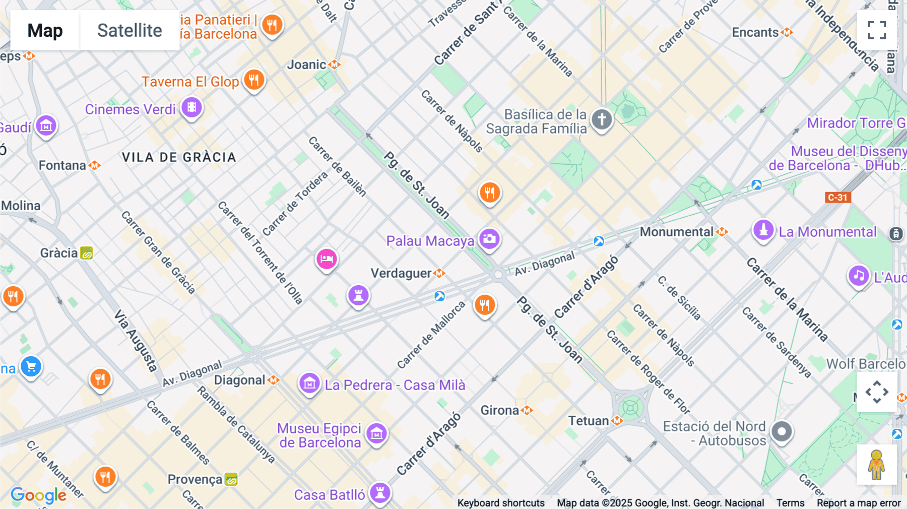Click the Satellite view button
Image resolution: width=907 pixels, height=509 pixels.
(x=129, y=31)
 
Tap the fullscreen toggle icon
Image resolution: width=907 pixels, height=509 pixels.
(x=877, y=30)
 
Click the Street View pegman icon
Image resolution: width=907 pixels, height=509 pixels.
(x=877, y=465)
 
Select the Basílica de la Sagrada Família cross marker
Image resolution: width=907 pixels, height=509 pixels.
(x=602, y=120)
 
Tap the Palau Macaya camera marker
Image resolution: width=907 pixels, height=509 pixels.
(x=489, y=239)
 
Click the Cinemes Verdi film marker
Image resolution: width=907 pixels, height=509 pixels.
(x=191, y=107)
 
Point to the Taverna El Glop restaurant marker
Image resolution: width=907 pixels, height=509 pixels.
(x=254, y=80)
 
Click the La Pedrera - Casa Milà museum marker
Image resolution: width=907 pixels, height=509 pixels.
(x=309, y=384)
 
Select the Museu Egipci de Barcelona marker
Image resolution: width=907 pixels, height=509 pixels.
(x=376, y=433)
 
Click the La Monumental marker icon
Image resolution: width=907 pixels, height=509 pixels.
(x=763, y=230)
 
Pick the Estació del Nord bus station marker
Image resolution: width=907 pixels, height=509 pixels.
(x=782, y=432)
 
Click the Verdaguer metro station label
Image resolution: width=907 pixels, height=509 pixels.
(x=402, y=273)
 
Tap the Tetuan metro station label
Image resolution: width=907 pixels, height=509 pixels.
(x=589, y=421)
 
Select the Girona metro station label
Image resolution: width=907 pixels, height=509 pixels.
(x=500, y=410)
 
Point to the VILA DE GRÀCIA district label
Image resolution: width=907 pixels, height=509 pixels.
(x=179, y=157)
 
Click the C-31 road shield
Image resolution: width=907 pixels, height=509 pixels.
(x=837, y=198)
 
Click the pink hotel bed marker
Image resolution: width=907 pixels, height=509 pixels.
(x=327, y=259)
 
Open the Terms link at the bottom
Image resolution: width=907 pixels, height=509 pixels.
(x=790, y=502)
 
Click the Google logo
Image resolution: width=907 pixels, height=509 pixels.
(x=38, y=495)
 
